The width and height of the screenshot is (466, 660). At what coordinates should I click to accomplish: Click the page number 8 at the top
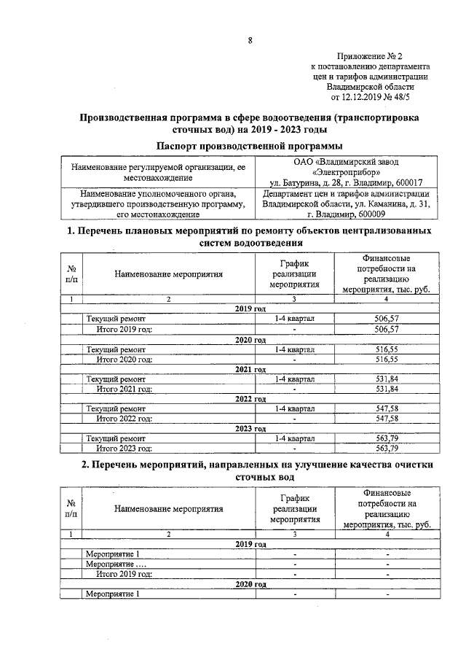[249, 40]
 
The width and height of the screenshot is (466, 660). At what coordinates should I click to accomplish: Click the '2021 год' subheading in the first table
[250, 370]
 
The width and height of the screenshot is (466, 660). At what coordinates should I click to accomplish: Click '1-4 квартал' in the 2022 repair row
[294, 410]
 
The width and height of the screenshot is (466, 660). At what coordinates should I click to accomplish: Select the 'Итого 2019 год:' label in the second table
[125, 574]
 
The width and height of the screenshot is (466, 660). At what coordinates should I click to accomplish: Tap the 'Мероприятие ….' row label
[116, 564]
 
